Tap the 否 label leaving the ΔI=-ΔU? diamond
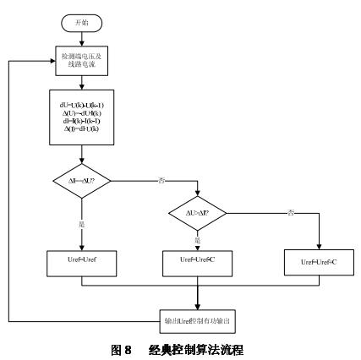pyautogui.click(x=159, y=178)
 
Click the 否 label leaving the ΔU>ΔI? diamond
pyautogui.click(x=289, y=211)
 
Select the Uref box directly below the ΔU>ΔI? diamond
pyautogui.click(x=198, y=264)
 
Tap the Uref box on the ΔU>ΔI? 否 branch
pyautogui.click(x=319, y=265)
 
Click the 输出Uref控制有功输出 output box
pyautogui.click(x=198, y=320)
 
